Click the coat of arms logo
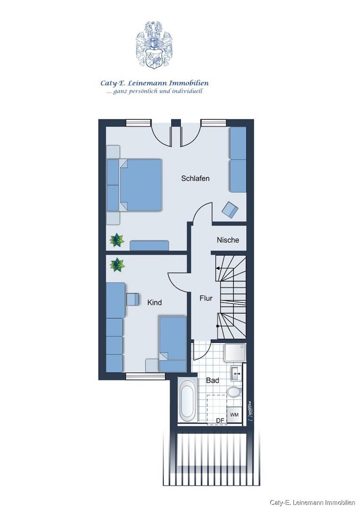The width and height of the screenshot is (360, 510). (x=154, y=45)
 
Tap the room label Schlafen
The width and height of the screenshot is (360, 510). (x=195, y=178)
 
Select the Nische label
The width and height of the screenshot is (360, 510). (x=228, y=240)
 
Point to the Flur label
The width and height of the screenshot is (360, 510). (x=206, y=298)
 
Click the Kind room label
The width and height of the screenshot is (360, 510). (x=154, y=303)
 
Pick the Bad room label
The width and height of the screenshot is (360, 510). (x=212, y=380)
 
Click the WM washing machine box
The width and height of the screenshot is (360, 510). (x=234, y=415)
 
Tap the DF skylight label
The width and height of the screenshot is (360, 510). (x=220, y=421)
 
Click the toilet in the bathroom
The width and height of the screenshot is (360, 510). (x=234, y=392)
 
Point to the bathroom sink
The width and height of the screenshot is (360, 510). (x=236, y=374)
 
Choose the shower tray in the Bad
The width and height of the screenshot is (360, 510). (x=234, y=353)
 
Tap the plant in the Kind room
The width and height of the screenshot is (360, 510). (x=117, y=265)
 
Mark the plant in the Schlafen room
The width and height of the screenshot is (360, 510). (x=117, y=240)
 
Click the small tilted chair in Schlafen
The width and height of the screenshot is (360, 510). (x=230, y=209)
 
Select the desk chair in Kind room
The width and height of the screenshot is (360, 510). (x=132, y=299)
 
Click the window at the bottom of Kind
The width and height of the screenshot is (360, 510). (x=145, y=376)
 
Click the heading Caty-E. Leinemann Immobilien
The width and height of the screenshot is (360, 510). (x=154, y=83)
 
